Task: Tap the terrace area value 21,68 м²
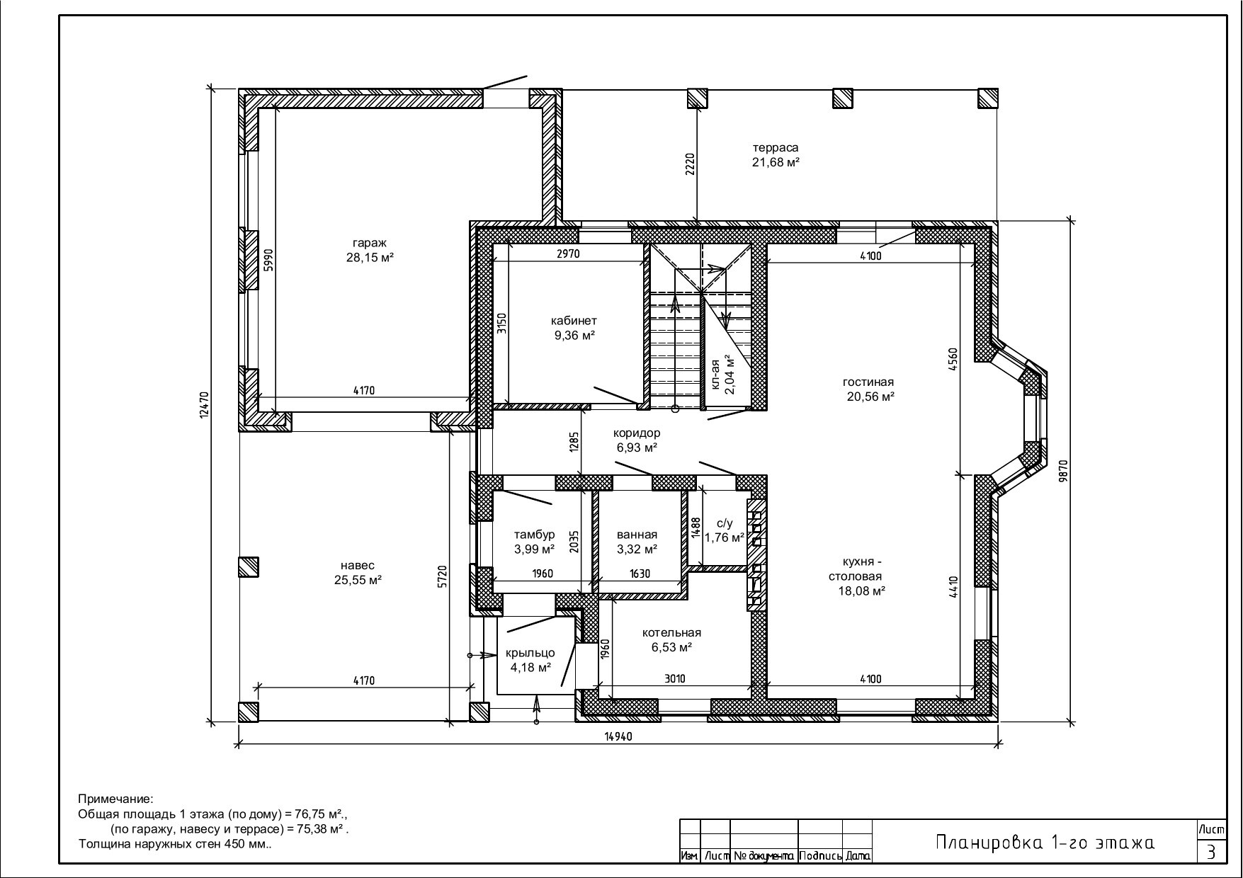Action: point(776,162)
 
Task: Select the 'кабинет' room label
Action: point(574,321)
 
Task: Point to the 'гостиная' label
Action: point(868,382)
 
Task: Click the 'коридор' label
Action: point(637,433)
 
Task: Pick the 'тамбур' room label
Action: point(535,535)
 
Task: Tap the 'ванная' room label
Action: point(637,535)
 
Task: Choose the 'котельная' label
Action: point(671,632)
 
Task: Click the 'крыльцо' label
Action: point(530,653)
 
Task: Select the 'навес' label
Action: point(358,566)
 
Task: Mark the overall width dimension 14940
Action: point(618,736)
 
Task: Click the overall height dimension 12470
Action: point(203,406)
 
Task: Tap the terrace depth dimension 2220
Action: point(691,164)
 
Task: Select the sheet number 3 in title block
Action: point(1211,851)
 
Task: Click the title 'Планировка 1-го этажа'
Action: point(1045,842)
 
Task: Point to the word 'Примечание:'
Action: point(115,799)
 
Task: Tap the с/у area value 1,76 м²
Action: point(724,537)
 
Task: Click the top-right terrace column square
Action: point(988,98)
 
